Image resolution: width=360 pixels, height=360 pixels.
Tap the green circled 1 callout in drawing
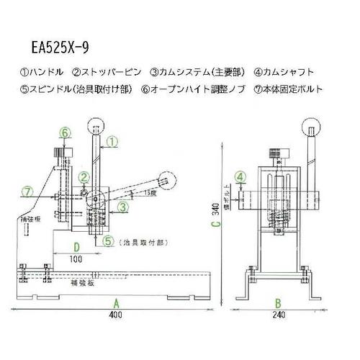(x=112, y=141)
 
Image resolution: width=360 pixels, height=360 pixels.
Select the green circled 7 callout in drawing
(x=27, y=191)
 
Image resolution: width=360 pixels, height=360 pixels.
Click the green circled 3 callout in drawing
(x=124, y=207)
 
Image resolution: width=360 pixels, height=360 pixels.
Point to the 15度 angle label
(x=149, y=193)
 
